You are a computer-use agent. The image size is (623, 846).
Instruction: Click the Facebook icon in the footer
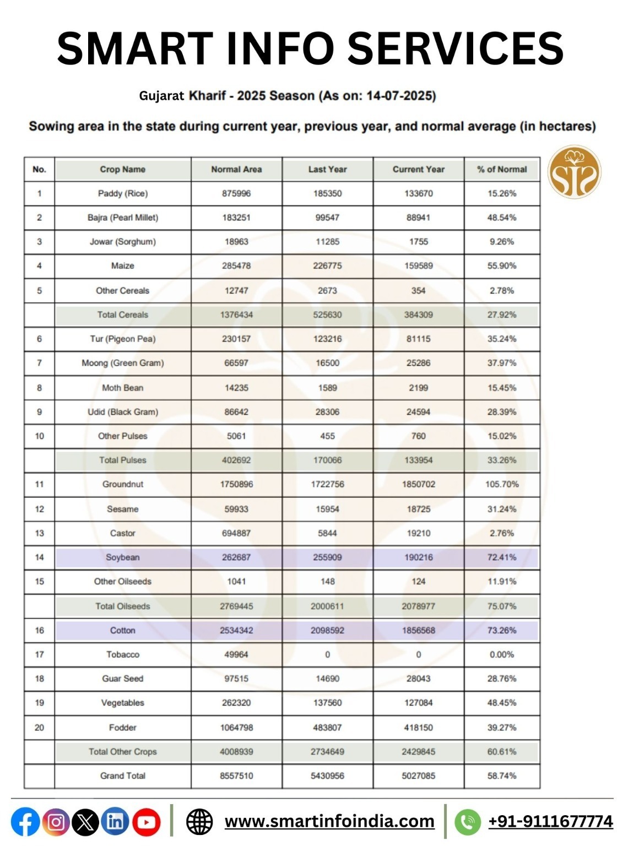click(x=25, y=822)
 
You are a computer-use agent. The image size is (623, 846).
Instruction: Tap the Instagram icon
click(x=56, y=822)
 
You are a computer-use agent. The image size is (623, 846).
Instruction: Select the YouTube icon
click(x=146, y=822)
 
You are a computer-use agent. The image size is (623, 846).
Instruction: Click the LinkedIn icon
click(x=115, y=822)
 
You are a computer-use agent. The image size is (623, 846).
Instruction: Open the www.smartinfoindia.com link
click(x=329, y=821)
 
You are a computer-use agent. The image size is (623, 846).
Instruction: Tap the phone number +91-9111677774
click(x=550, y=821)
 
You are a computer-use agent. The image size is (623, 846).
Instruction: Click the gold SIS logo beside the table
click(x=574, y=172)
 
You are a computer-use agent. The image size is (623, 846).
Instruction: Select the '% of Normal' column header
click(x=501, y=169)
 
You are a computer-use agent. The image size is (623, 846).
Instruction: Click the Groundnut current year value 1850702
click(x=418, y=484)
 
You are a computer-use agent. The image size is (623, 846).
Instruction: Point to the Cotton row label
click(x=122, y=630)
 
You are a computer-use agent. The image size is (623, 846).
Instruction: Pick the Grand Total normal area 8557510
click(x=236, y=775)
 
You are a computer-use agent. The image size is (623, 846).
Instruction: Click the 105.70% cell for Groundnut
click(x=501, y=484)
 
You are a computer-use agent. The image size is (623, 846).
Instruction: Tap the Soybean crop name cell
click(x=122, y=557)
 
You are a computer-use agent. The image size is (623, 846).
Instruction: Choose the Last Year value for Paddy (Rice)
click(x=327, y=193)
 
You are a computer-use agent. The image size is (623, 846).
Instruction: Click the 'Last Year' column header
click(x=327, y=169)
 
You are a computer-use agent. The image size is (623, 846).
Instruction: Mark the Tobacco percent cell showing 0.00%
click(x=501, y=654)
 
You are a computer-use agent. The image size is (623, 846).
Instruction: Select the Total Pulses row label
click(x=122, y=460)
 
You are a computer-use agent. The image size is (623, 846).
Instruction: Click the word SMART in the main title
click(x=135, y=48)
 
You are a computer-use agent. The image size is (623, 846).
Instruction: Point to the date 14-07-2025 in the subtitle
click(x=400, y=96)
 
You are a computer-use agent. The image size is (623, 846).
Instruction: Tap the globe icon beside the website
click(x=199, y=822)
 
